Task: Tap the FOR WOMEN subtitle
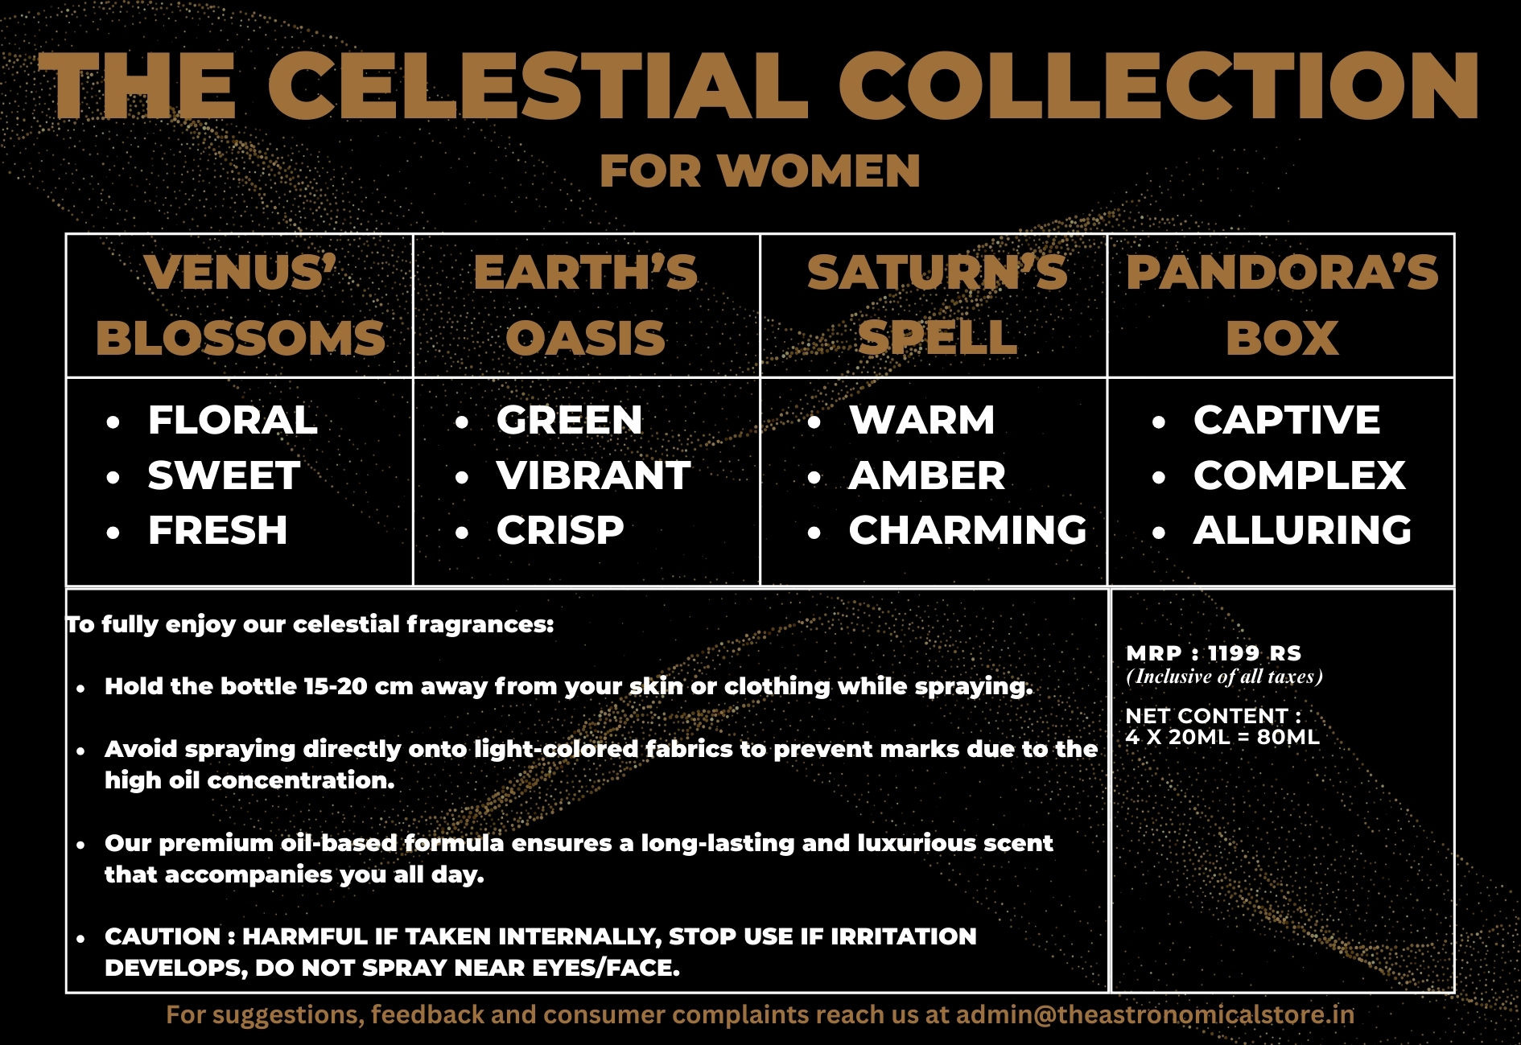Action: pyautogui.click(x=760, y=171)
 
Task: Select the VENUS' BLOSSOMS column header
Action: pyautogui.click(x=240, y=305)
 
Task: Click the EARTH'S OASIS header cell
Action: pyautogui.click(x=586, y=305)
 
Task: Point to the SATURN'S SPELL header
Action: pyautogui.click(x=937, y=305)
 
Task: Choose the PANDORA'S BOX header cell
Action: pyautogui.click(x=1282, y=305)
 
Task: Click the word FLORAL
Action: pyautogui.click(x=233, y=420)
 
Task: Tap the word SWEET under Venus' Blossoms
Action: pyautogui.click(x=224, y=475)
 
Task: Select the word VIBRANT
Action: pyautogui.click(x=593, y=475)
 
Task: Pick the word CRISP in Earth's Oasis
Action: pyautogui.click(x=560, y=530)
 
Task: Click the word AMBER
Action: pyautogui.click(x=927, y=475)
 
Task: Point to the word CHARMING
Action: pyautogui.click(x=967, y=530)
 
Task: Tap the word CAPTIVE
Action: pyautogui.click(x=1287, y=420)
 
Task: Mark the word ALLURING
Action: pyautogui.click(x=1302, y=530)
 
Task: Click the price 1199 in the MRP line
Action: pyautogui.click(x=1233, y=653)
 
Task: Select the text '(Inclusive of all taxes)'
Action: pyautogui.click(x=1224, y=677)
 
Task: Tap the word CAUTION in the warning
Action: pyautogui.click(x=163, y=936)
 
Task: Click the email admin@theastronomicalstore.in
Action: pyautogui.click(x=1155, y=1014)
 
